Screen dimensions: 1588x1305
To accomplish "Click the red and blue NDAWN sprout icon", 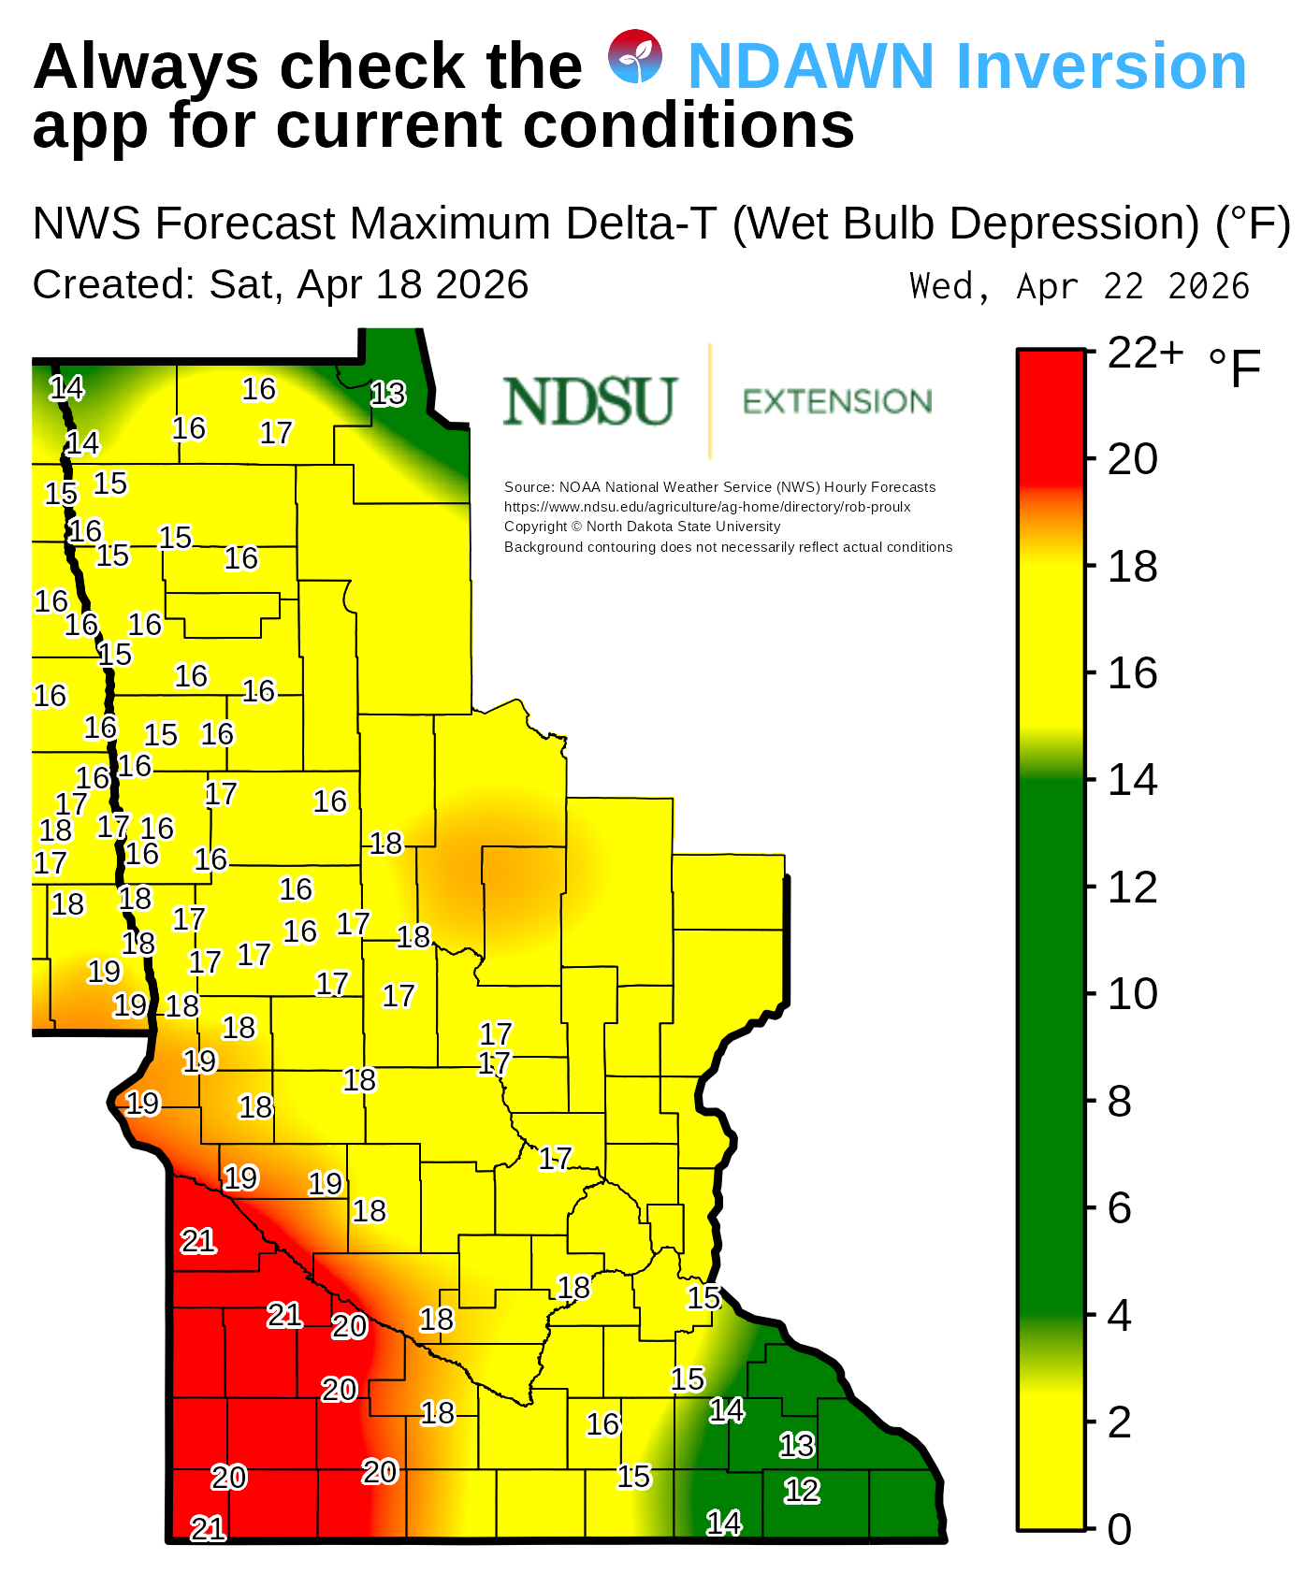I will pyautogui.click(x=635, y=57).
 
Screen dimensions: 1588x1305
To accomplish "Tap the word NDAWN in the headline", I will pyautogui.click(x=810, y=66).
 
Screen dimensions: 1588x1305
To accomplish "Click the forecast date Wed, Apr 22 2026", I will pyautogui.click(x=1079, y=286).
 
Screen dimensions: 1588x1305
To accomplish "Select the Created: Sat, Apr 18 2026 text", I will pyautogui.click(x=281, y=284).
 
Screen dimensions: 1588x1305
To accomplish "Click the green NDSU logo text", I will pyautogui.click(x=589, y=401).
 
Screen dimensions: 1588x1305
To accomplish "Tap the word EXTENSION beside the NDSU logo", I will pyautogui.click(x=837, y=402).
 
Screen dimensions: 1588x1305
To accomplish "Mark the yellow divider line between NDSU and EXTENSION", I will pyautogui.click(x=710, y=401).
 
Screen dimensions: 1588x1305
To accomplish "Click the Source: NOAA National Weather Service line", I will pyautogui.click(x=719, y=487).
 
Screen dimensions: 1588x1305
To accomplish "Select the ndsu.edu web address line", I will pyautogui.click(x=707, y=507).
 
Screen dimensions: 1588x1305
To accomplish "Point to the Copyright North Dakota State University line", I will pyautogui.click(x=642, y=527).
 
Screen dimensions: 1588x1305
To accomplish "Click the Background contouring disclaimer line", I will pyautogui.click(x=728, y=547).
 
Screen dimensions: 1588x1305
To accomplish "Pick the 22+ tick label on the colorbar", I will pyautogui.click(x=1145, y=354).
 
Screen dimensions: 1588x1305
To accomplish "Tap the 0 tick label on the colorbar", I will pyautogui.click(x=1120, y=1530).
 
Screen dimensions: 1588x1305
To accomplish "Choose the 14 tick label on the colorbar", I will pyautogui.click(x=1132, y=780).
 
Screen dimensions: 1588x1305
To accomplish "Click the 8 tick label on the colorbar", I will pyautogui.click(x=1120, y=1103).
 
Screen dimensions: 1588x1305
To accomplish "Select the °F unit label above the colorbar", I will pyautogui.click(x=1235, y=368).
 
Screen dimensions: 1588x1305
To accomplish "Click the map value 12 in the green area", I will pyautogui.click(x=802, y=1491).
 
